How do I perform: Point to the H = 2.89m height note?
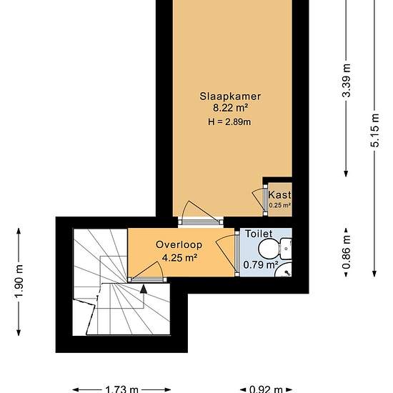click(229, 121)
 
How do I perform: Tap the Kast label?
click(279, 194)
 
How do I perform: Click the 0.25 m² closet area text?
click(279, 206)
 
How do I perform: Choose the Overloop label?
click(179, 244)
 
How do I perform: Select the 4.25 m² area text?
click(179, 258)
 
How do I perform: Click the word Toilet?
click(258, 234)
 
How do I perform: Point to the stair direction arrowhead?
click(144, 289)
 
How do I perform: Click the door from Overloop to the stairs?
click(147, 272)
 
